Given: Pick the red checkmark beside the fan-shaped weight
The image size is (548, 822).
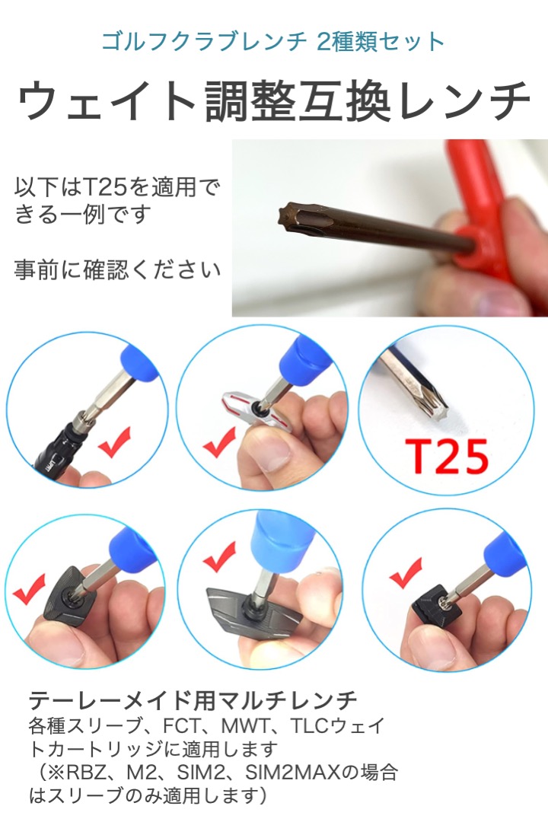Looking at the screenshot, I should pyautogui.click(x=29, y=590).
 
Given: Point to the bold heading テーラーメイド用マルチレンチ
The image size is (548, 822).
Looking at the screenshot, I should pyautogui.click(x=193, y=699).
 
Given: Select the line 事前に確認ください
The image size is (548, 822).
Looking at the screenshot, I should pyautogui.click(x=118, y=269).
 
